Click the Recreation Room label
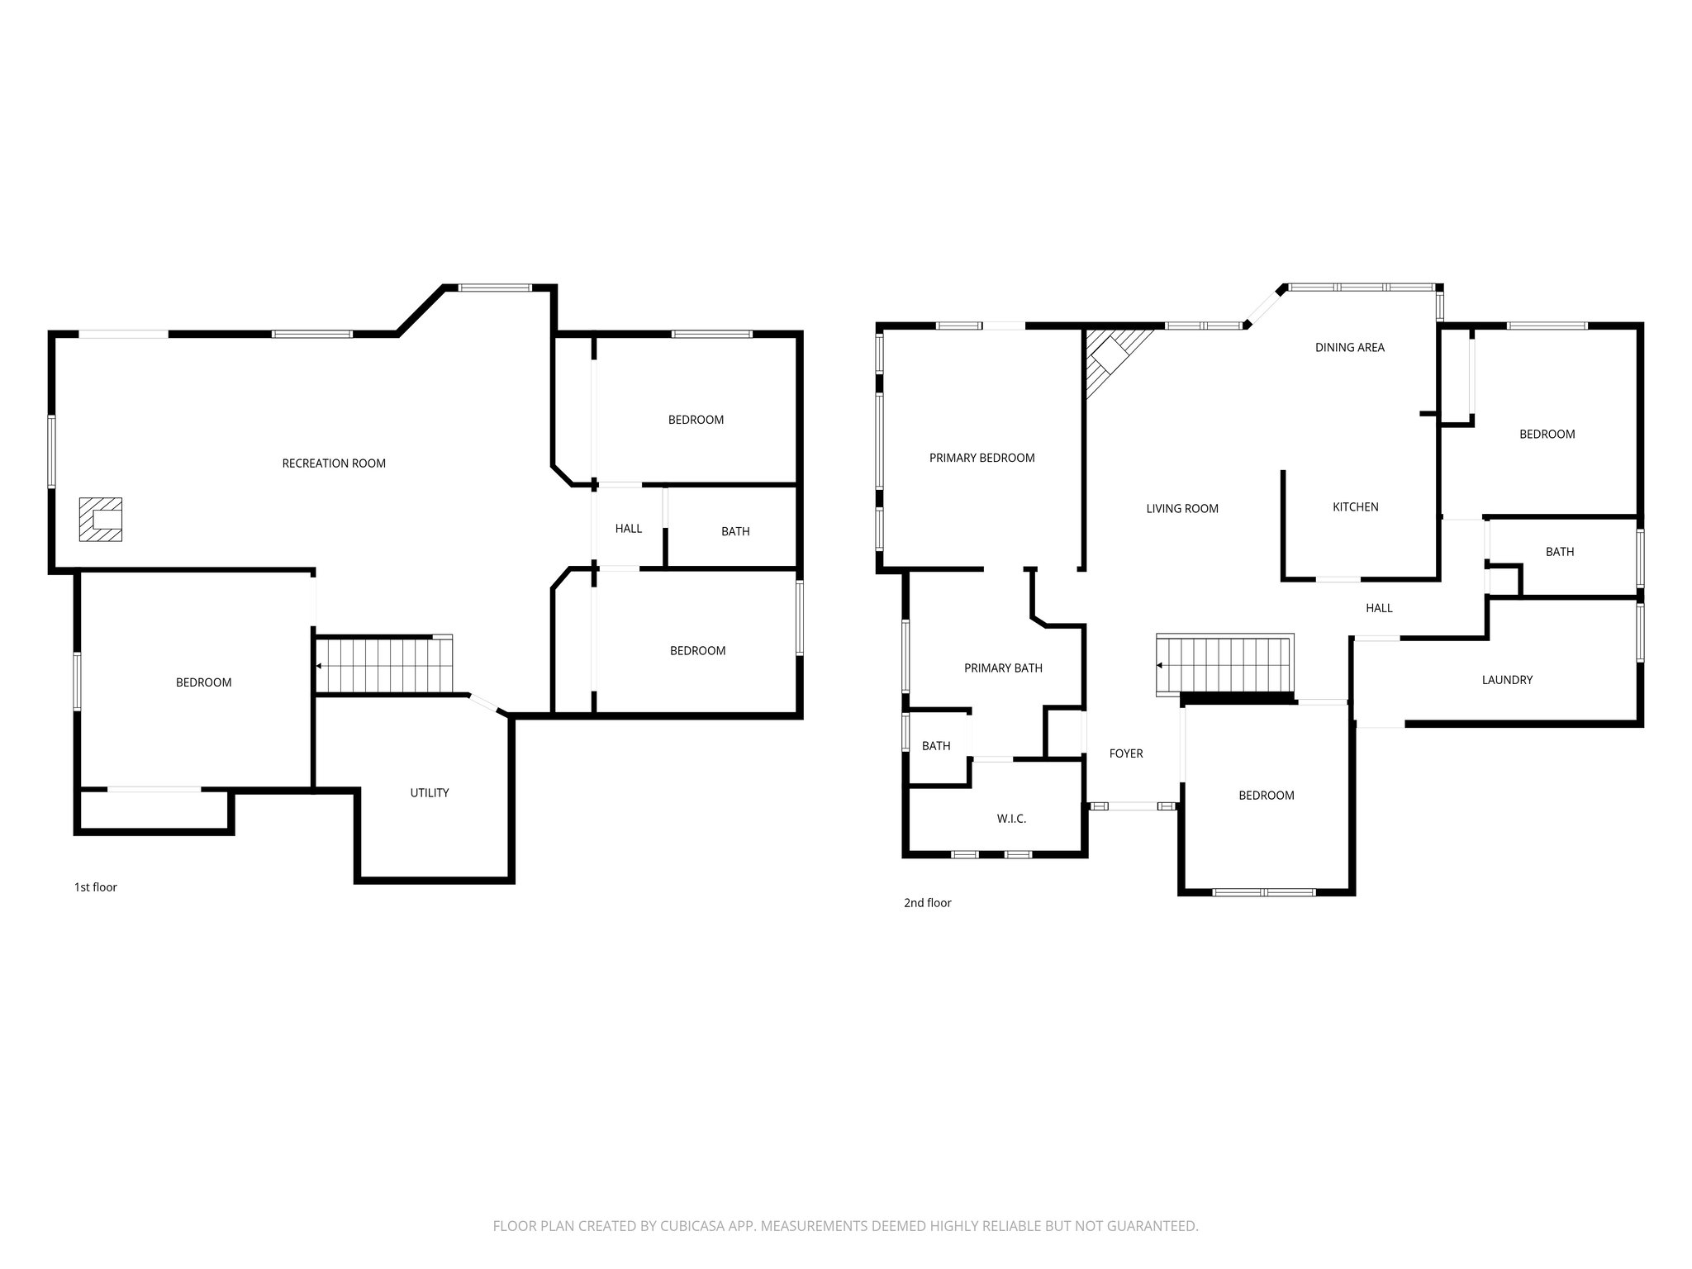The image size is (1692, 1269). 334,463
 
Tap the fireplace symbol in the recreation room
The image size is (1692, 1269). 101,520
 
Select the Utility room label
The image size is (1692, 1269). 430,793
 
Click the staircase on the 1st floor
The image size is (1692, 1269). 385,665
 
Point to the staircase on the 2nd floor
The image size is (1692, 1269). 1224,665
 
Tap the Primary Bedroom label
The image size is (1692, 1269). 981,458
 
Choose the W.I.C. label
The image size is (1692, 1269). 1011,819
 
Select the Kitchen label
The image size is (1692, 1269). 1355,507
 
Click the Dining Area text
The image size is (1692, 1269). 1349,348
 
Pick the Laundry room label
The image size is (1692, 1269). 1507,680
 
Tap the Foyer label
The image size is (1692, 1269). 1126,753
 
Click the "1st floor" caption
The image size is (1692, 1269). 96,887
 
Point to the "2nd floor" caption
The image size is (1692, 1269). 927,903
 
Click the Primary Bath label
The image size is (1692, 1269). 1003,668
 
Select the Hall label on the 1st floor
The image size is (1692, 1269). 628,529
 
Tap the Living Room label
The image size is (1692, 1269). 1181,509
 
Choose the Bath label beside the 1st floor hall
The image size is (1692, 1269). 735,531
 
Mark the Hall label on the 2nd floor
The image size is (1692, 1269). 1379,608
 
